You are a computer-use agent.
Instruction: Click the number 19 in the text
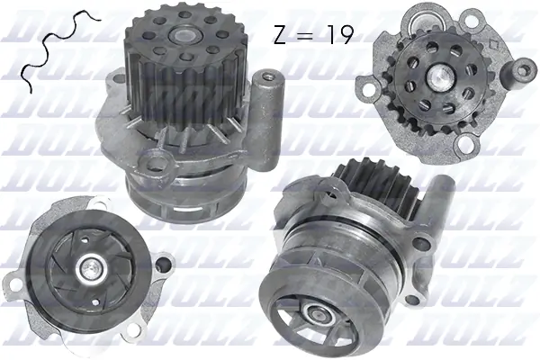click(337, 35)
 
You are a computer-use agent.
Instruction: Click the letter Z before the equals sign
click(280, 35)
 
